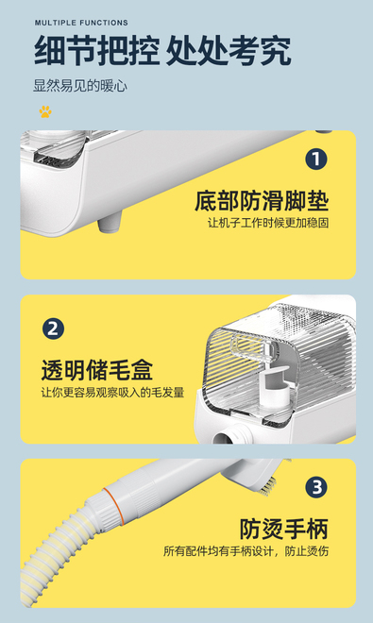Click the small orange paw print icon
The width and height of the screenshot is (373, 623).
click(45, 111)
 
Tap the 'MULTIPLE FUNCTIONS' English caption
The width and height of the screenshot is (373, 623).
click(81, 23)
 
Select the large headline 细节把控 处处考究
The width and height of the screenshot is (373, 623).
click(162, 51)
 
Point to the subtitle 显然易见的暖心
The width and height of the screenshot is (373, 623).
click(80, 86)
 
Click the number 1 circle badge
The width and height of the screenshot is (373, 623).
click(316, 160)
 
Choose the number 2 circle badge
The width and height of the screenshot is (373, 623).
click(53, 328)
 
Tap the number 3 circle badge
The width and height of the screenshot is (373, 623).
click(316, 487)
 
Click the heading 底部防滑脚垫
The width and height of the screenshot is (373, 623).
click(262, 201)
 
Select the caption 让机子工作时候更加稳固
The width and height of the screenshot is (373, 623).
click(268, 223)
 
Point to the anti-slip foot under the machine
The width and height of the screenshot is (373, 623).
click(110, 221)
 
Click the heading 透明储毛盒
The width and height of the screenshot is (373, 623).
click(97, 370)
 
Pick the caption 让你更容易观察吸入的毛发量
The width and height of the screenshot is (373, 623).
click(112, 392)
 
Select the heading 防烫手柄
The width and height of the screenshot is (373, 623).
click(284, 529)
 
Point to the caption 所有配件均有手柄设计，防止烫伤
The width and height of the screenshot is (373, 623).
click(246, 551)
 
